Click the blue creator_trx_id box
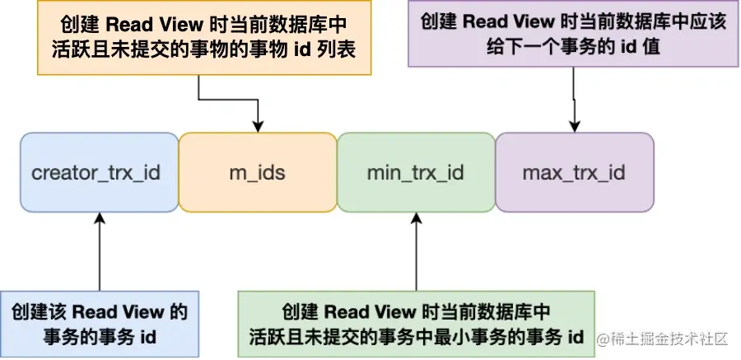click(99, 173)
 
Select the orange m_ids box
click(258, 173)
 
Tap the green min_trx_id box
click(416, 173)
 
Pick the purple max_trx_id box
click(574, 173)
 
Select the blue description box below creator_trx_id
click(99, 324)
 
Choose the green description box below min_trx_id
click(416, 324)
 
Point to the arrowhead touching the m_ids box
click(258, 127)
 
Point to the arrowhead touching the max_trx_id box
click(574, 127)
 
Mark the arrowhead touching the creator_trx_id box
click(99, 218)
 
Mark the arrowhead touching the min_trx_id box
click(416, 218)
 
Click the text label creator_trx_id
click(96, 173)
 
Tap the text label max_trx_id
click(574, 173)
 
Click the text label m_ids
click(258, 173)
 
